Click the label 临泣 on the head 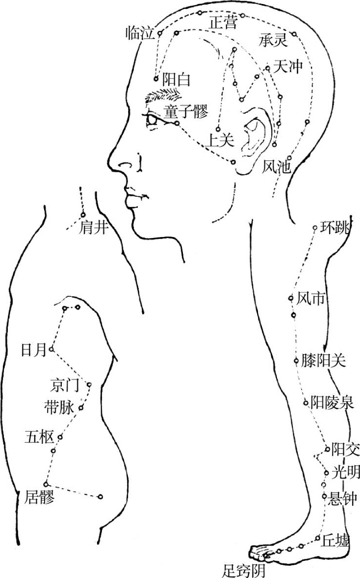[x=140, y=33]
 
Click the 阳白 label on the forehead [x=176, y=79]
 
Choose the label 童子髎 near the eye [x=186, y=112]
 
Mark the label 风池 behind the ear [x=277, y=167]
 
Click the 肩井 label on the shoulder [x=93, y=227]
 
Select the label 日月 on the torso [x=33, y=350]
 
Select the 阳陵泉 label [x=332, y=403]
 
